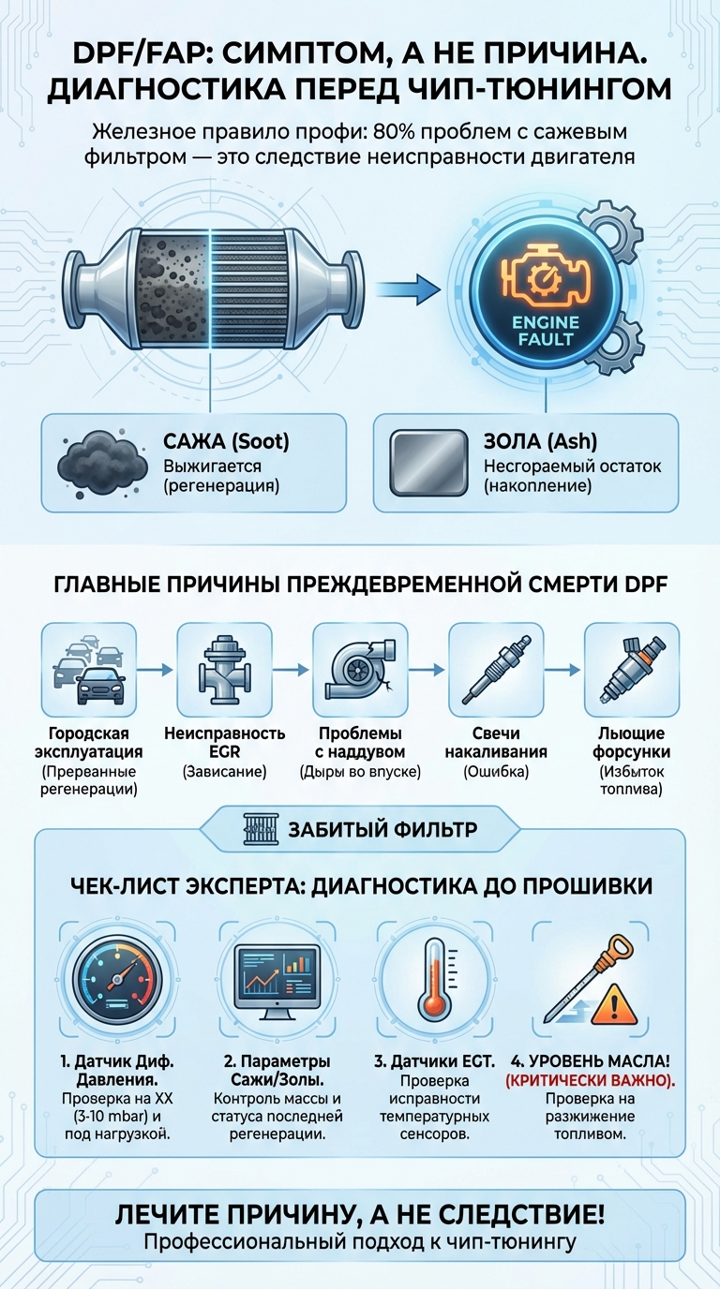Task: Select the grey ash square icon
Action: click(x=428, y=462)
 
